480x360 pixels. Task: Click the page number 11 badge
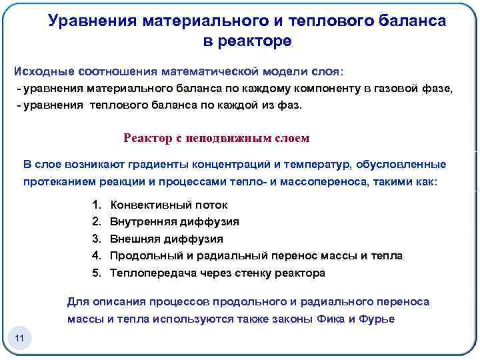click(19, 339)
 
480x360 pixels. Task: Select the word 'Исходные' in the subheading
click(44, 71)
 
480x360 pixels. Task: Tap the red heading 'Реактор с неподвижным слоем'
click(217, 138)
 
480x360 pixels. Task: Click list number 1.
click(96, 205)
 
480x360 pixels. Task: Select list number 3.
click(96, 239)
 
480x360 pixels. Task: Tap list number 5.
click(96, 273)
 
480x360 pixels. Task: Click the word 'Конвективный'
click(149, 205)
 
